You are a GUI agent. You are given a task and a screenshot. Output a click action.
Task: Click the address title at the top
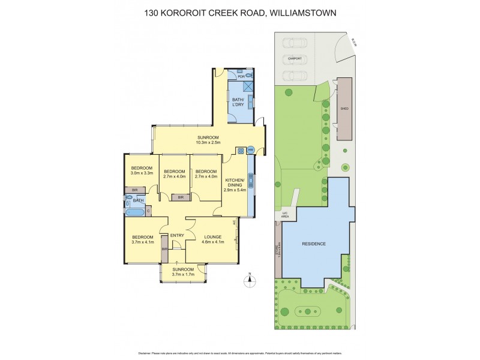click(x=240, y=12)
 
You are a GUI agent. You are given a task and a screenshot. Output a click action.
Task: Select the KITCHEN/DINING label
click(x=234, y=182)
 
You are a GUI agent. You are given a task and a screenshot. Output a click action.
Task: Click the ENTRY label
click(x=176, y=235)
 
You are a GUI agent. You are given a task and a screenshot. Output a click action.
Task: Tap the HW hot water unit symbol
click(x=250, y=150)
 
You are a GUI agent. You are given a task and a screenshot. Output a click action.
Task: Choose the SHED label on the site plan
click(x=344, y=109)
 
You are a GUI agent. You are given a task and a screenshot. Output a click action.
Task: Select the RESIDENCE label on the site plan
click(x=314, y=244)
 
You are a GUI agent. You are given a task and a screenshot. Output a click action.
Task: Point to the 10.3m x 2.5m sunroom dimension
click(x=209, y=143)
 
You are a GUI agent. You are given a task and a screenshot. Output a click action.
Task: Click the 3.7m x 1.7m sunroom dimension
click(x=184, y=275)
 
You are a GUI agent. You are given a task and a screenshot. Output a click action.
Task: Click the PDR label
click(x=242, y=77)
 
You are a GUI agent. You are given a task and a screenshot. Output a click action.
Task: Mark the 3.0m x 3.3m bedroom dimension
click(x=142, y=173)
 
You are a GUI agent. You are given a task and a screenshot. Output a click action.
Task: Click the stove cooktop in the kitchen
click(x=241, y=151)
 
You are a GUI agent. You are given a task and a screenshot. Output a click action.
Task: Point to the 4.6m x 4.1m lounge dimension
click(x=212, y=242)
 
